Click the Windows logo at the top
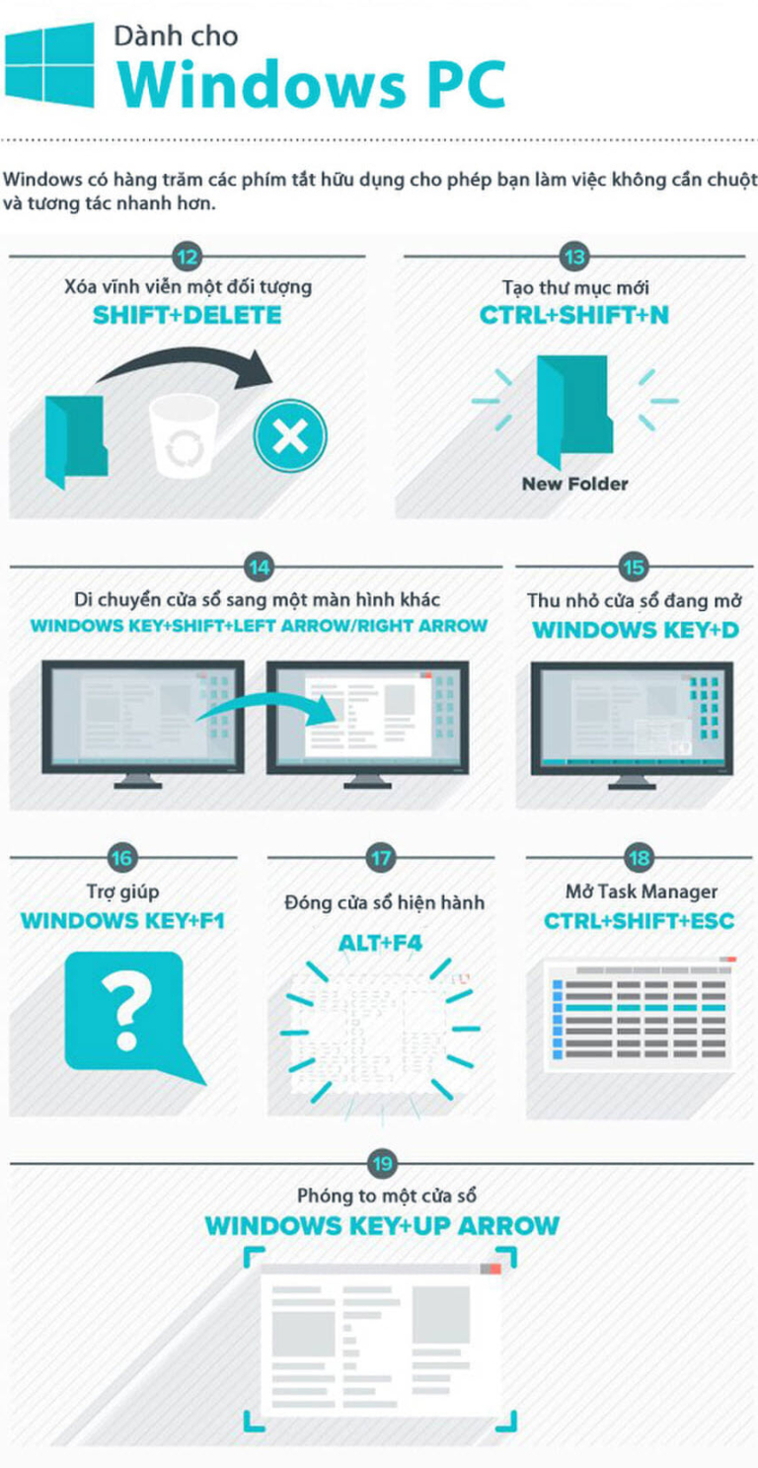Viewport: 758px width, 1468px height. (x=49, y=64)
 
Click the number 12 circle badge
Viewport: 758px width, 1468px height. (x=188, y=257)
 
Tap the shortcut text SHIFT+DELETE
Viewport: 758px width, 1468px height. (x=188, y=315)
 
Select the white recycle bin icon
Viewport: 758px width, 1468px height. (x=183, y=434)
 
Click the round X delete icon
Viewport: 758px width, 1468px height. (x=289, y=435)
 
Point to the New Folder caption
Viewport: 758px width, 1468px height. (x=574, y=484)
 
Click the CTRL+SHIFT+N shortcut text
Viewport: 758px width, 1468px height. (x=574, y=315)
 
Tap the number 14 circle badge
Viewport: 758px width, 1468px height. (x=260, y=568)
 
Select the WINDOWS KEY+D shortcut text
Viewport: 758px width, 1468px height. (x=636, y=630)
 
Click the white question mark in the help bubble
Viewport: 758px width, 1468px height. (x=125, y=1010)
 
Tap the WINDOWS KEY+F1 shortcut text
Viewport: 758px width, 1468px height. (x=122, y=921)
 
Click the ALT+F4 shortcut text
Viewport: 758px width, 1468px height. (x=381, y=943)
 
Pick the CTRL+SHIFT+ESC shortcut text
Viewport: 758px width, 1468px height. (x=639, y=921)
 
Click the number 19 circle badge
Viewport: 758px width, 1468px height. (x=382, y=1163)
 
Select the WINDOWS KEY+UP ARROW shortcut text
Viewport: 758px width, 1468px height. (x=382, y=1225)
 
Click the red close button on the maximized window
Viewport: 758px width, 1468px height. (x=495, y=1270)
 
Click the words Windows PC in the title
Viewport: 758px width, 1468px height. (x=312, y=84)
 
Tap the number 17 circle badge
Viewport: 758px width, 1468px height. (x=381, y=857)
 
